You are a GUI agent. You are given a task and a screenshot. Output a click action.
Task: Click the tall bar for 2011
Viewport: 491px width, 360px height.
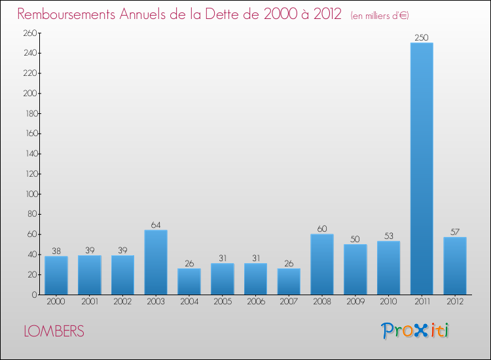click(422, 168)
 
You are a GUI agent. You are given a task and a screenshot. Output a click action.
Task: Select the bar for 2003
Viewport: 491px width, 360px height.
click(156, 262)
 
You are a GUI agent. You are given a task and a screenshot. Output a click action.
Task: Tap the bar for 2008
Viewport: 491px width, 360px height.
click(322, 264)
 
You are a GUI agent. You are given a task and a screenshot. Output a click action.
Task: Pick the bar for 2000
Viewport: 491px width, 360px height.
click(56, 275)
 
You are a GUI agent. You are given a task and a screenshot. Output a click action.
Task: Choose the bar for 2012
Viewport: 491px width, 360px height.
click(455, 265)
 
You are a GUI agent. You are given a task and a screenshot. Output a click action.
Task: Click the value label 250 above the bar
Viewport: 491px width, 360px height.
click(422, 37)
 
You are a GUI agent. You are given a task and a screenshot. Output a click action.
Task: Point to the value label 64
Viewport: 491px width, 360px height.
click(156, 225)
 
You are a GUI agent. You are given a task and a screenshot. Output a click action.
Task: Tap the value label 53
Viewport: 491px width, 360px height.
click(388, 236)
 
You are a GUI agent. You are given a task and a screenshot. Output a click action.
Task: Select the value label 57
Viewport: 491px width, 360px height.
click(455, 232)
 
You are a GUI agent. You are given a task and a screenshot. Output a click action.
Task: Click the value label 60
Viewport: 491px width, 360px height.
click(322, 229)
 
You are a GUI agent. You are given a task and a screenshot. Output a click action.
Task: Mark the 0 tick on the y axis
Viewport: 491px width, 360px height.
click(33, 295)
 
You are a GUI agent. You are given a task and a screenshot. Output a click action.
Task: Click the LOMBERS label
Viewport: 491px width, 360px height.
click(54, 332)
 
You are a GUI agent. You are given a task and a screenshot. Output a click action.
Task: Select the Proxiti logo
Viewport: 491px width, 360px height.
click(416, 331)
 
